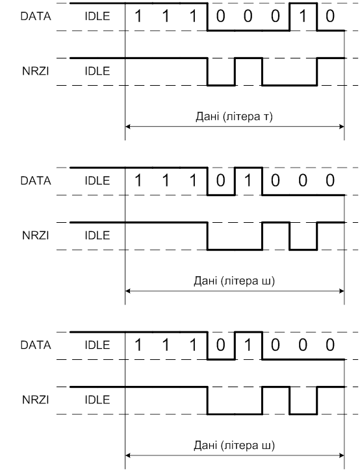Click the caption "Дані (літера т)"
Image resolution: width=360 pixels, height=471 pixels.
pos(234,116)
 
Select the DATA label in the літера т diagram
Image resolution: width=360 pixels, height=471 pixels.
pos(36,16)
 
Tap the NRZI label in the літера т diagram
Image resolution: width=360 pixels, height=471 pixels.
pos(36,71)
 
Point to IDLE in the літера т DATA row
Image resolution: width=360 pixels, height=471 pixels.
pos(97,16)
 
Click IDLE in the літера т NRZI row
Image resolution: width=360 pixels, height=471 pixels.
pos(97,71)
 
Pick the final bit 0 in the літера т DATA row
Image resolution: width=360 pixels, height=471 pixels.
pos(330,16)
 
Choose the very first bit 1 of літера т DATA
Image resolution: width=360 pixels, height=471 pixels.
pos(138,16)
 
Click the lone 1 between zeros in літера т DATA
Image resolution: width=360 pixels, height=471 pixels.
pos(303,16)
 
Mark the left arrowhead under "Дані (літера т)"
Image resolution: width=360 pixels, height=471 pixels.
pos(127,127)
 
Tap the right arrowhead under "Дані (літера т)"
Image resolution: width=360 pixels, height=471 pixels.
pos(342,127)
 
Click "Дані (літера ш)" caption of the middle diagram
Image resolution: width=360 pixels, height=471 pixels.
pos(234,281)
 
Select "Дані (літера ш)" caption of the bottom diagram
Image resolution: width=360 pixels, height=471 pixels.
pos(234,445)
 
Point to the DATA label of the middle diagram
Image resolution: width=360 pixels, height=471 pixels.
pos(36,181)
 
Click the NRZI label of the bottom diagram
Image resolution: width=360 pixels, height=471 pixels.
pos(36,400)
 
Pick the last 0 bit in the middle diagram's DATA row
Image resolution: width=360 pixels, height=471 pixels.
pos(330,181)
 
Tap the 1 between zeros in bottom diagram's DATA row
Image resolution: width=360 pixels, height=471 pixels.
pos(248,345)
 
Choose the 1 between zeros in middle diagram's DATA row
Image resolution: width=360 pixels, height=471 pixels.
pos(248,181)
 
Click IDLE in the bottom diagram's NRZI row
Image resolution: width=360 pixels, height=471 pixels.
pos(97,400)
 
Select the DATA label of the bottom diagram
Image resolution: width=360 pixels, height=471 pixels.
pos(36,345)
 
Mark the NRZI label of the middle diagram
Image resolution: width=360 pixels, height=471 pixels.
pos(36,235)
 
